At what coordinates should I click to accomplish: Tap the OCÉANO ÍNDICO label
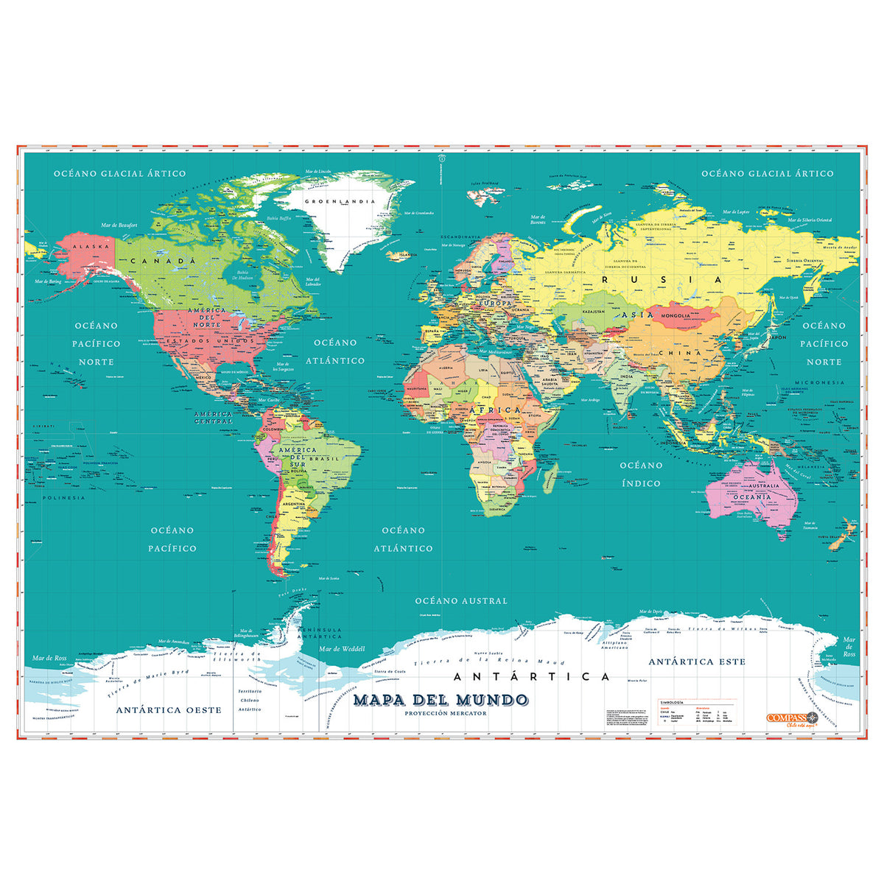[x=641, y=474]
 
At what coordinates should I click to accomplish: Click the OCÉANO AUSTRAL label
[x=461, y=601]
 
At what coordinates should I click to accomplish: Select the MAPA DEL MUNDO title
[x=441, y=699]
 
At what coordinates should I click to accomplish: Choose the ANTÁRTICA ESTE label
[x=697, y=662]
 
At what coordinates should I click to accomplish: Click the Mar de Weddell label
[x=343, y=648]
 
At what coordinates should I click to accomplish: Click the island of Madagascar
[x=550, y=479]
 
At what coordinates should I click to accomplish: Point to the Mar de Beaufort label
[x=119, y=225]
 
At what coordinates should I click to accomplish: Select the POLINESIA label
[x=63, y=498]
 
